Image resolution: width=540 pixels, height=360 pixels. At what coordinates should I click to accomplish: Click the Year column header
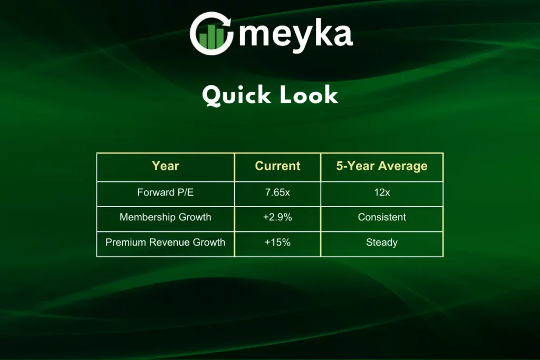coord(165,166)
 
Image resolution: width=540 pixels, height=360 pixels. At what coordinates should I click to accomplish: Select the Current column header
coord(277,166)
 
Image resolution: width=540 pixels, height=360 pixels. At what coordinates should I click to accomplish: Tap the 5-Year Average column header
coord(382,166)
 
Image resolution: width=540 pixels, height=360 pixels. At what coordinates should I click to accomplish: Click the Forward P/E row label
coord(165,192)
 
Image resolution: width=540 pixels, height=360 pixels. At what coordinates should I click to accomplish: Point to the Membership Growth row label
coord(165,217)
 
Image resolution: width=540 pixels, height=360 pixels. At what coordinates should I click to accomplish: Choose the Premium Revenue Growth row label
coord(165,242)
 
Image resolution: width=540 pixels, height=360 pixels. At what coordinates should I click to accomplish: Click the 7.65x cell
coord(277,192)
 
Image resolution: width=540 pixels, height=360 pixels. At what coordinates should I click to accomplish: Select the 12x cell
coord(382,192)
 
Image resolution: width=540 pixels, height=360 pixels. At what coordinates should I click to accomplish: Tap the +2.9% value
coord(277,217)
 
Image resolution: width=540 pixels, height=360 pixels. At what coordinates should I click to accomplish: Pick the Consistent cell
coord(382,217)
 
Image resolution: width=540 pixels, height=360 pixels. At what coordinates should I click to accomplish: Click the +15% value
coord(277,242)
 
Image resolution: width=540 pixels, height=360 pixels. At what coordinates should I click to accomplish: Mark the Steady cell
coord(382,242)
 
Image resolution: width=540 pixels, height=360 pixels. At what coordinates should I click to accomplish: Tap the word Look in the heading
coord(309,95)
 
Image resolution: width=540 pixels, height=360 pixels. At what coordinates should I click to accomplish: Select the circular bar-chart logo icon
coord(211,33)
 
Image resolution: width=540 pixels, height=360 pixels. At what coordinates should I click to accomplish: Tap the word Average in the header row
coord(403,167)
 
